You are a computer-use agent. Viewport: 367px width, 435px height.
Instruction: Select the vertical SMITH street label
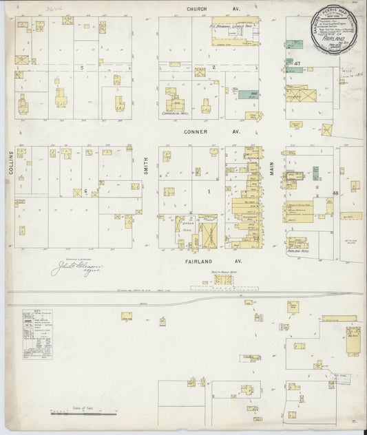point(147,165)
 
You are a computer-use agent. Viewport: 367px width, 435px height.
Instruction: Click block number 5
point(81,67)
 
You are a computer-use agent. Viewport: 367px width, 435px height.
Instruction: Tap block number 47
point(297,64)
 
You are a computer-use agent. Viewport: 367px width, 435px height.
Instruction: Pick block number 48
point(335,193)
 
